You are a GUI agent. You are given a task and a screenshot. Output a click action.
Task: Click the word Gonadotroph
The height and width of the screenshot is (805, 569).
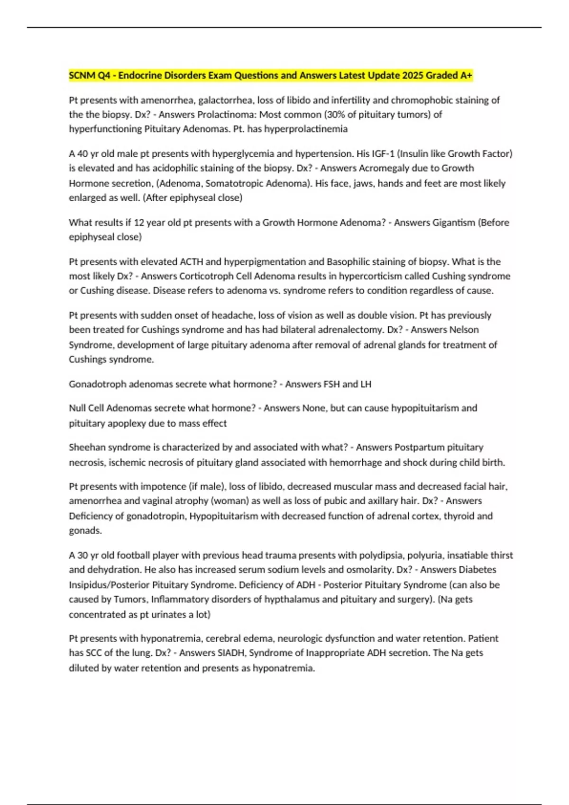97,384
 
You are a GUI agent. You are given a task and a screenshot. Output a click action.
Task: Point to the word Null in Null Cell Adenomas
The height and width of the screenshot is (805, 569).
77,408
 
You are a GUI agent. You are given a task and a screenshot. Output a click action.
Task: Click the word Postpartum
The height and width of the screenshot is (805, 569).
419,447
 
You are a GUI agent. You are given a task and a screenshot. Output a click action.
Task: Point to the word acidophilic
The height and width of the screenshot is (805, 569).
177,168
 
